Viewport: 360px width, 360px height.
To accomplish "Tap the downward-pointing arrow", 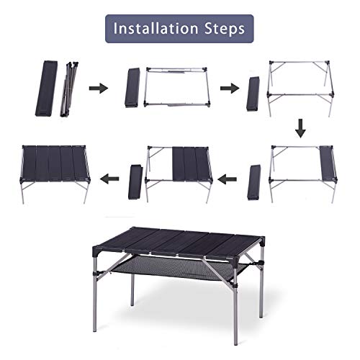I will point(300,130).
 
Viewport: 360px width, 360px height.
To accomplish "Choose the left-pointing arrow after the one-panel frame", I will point(228,177).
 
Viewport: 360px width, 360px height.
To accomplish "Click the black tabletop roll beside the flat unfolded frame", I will point(132,88).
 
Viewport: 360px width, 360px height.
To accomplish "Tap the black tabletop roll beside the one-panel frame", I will point(253,182).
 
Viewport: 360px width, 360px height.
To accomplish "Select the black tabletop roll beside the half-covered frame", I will point(135,182).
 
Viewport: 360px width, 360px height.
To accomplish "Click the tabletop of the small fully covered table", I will point(55,163).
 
